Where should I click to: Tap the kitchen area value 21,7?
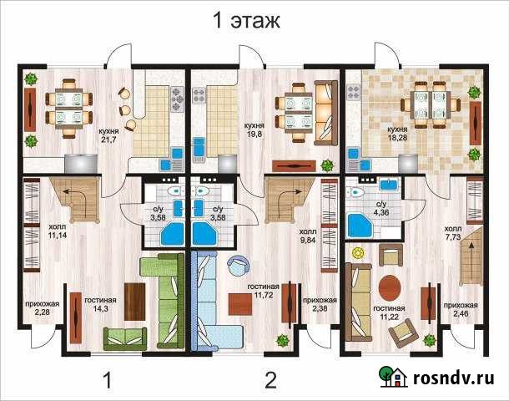[x=109, y=140]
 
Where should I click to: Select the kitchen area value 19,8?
[x=254, y=134]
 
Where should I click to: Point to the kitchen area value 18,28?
[x=398, y=138]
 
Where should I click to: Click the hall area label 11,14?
[x=58, y=236]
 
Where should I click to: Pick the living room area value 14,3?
[x=100, y=309]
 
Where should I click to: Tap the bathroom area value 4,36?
[x=381, y=213]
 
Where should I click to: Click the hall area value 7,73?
[x=452, y=237]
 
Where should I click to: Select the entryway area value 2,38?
[x=320, y=308]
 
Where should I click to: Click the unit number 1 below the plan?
[x=108, y=380]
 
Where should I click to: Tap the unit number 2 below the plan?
[x=270, y=380]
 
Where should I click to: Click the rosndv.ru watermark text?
[x=454, y=378]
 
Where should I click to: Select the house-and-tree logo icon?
[x=393, y=376]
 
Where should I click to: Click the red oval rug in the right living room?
[x=390, y=288]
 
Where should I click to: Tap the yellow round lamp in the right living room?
[x=358, y=253]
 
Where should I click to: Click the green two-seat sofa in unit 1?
[x=125, y=338]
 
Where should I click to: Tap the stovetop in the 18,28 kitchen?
[x=354, y=92]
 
